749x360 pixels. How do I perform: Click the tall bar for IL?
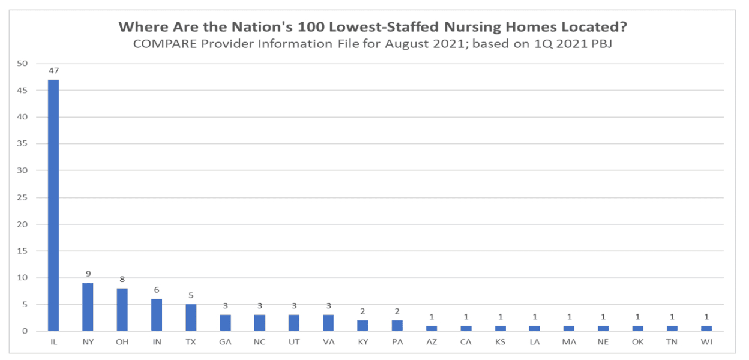tap(53, 205)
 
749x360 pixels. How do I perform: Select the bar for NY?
tap(88, 307)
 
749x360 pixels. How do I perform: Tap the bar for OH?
tap(122, 310)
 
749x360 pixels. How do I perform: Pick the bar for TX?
tap(191, 317)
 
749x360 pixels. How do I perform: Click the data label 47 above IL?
tap(53, 71)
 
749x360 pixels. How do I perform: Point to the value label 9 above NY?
tap(88, 274)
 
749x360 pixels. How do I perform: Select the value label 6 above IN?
tap(157, 290)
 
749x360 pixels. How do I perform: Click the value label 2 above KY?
tap(362, 311)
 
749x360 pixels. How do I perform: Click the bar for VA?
tap(328, 323)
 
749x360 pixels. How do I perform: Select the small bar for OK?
tap(637, 328)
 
